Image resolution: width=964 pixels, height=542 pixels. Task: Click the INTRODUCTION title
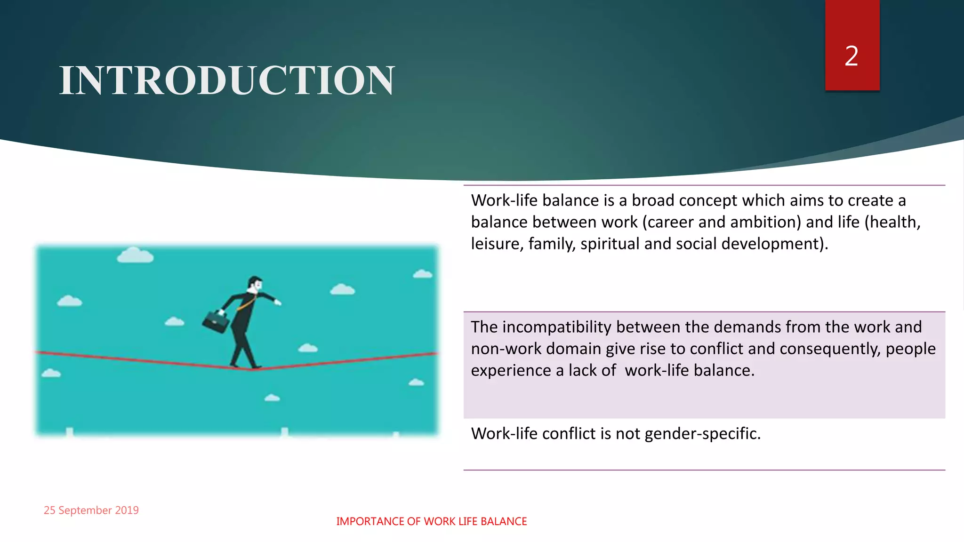[x=227, y=80]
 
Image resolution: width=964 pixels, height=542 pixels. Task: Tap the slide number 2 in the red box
[x=852, y=56]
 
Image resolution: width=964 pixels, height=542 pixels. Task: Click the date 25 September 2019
[x=91, y=510]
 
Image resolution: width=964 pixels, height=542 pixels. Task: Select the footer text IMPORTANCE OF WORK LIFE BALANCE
[x=431, y=521]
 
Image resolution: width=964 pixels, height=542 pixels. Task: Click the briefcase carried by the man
[x=216, y=321]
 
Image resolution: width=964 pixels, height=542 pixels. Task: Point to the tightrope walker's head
[x=255, y=284]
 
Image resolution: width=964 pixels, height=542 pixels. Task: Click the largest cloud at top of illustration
[x=135, y=255]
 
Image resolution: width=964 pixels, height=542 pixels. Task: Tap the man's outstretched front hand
[x=278, y=302]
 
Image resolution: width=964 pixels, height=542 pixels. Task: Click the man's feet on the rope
[x=245, y=366]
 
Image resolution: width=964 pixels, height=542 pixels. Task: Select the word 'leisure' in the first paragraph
[x=497, y=244]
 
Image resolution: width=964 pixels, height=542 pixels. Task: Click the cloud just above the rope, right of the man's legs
[x=308, y=348]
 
